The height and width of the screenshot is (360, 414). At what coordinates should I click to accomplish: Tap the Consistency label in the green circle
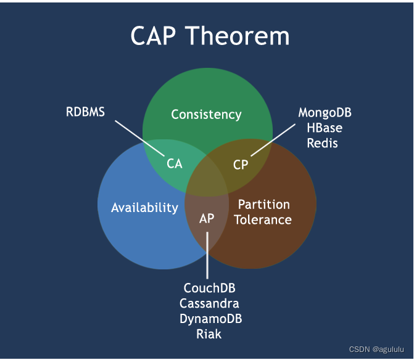tap(206, 115)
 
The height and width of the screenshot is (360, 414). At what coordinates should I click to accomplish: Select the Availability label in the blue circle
tap(144, 208)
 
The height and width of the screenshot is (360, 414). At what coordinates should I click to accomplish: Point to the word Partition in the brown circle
tap(263, 205)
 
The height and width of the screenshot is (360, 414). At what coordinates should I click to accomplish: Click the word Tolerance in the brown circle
tap(263, 219)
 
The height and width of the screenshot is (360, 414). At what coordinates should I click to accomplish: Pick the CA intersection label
tap(175, 164)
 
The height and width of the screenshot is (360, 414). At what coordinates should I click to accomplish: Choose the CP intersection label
tap(241, 165)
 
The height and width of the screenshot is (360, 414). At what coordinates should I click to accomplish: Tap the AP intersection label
tap(207, 218)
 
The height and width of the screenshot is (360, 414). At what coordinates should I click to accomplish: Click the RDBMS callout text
tap(86, 112)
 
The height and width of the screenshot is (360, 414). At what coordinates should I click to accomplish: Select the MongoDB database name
tap(325, 113)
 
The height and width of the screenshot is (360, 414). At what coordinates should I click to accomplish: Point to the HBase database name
tap(325, 128)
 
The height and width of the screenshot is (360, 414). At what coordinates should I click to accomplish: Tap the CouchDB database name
tap(210, 288)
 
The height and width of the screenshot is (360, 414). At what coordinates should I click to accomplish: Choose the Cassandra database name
tap(210, 303)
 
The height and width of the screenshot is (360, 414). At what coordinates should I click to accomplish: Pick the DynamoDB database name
tap(210, 319)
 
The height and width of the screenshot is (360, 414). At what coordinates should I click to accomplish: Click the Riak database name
tap(209, 334)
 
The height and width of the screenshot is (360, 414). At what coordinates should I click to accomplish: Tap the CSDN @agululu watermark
tap(377, 349)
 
